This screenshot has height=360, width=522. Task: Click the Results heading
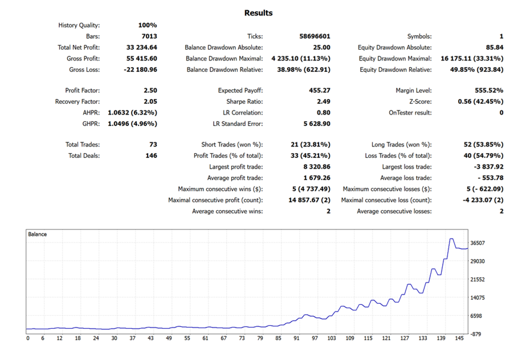click(258, 13)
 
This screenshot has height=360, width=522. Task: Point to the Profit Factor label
click(83, 90)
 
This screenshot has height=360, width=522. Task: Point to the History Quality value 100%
click(147, 25)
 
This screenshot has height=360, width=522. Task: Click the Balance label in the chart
click(38, 234)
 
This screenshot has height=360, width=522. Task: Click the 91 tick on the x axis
click(296, 338)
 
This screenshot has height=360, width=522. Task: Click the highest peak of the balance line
click(451, 239)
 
